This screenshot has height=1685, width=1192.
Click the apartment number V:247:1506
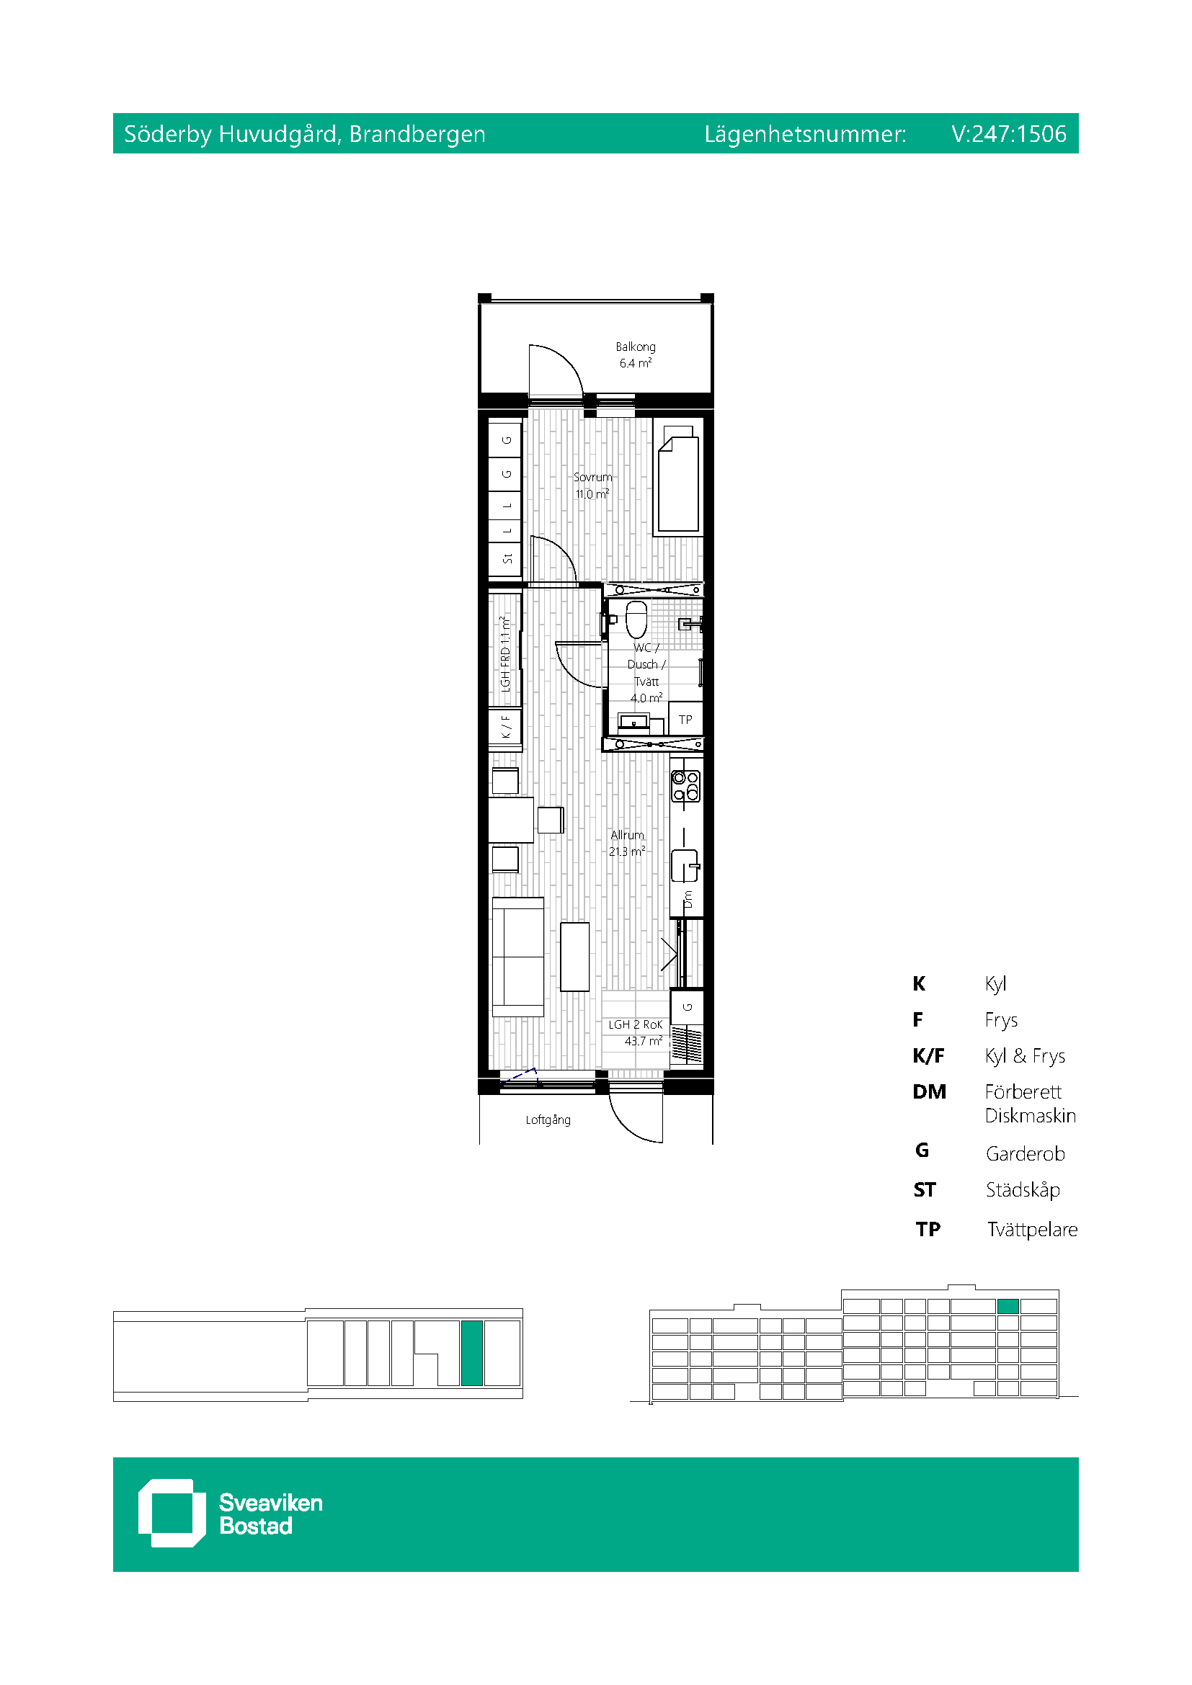(1008, 133)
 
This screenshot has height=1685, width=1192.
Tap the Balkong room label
(636, 347)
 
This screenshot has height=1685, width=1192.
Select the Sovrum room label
(592, 477)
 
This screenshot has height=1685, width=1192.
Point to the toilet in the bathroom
(636, 619)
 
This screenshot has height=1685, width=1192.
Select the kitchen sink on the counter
(685, 865)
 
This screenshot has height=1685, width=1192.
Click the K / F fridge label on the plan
(506, 727)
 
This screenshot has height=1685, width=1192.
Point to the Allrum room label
(627, 835)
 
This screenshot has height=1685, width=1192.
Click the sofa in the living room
(517, 957)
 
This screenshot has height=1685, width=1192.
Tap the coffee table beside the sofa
(574, 957)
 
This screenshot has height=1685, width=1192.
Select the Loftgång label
(548, 1119)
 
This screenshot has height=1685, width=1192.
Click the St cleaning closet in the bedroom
(506, 559)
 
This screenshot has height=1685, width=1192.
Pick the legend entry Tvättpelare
(1032, 1229)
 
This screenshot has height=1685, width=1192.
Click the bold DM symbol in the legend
(929, 1091)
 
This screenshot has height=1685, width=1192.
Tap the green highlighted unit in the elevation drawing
(1008, 1305)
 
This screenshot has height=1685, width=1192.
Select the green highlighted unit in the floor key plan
(472, 1353)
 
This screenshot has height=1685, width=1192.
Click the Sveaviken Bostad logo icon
(172, 1513)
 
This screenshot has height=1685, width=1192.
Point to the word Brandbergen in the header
(417, 133)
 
